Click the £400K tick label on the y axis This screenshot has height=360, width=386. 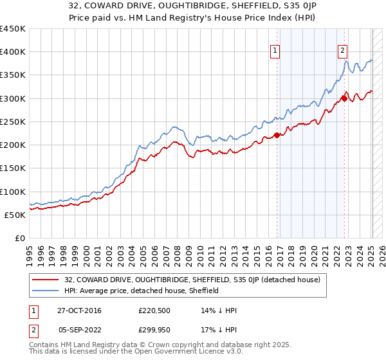coord(12,52)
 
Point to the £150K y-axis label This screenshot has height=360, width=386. coord(12,168)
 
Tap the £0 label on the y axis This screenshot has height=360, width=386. coord(19,238)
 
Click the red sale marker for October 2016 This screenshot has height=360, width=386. coord(277,135)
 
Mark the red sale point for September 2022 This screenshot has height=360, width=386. coord(344,98)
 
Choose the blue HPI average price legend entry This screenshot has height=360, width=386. coord(142,291)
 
